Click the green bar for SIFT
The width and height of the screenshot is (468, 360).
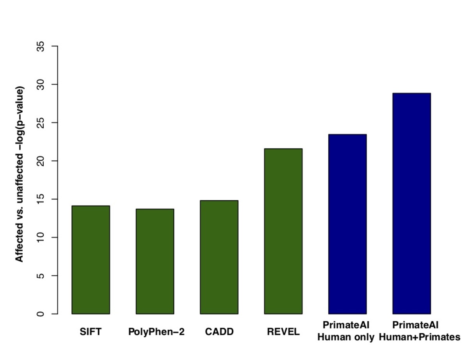[x=90, y=260]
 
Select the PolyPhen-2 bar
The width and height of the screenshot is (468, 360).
[x=155, y=261]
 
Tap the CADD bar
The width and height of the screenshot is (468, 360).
[x=219, y=257]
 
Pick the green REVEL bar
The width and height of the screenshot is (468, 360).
[x=283, y=231]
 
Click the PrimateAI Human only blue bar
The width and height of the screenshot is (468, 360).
[x=347, y=224]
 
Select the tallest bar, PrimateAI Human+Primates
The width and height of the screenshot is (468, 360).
[x=411, y=203]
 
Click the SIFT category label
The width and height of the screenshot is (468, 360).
[x=90, y=332]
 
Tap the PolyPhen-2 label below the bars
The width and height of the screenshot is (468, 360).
[x=156, y=332]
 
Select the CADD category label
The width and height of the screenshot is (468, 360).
[x=219, y=332]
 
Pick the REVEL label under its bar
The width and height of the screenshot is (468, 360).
[x=284, y=332]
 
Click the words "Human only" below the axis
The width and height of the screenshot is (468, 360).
[x=346, y=337]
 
